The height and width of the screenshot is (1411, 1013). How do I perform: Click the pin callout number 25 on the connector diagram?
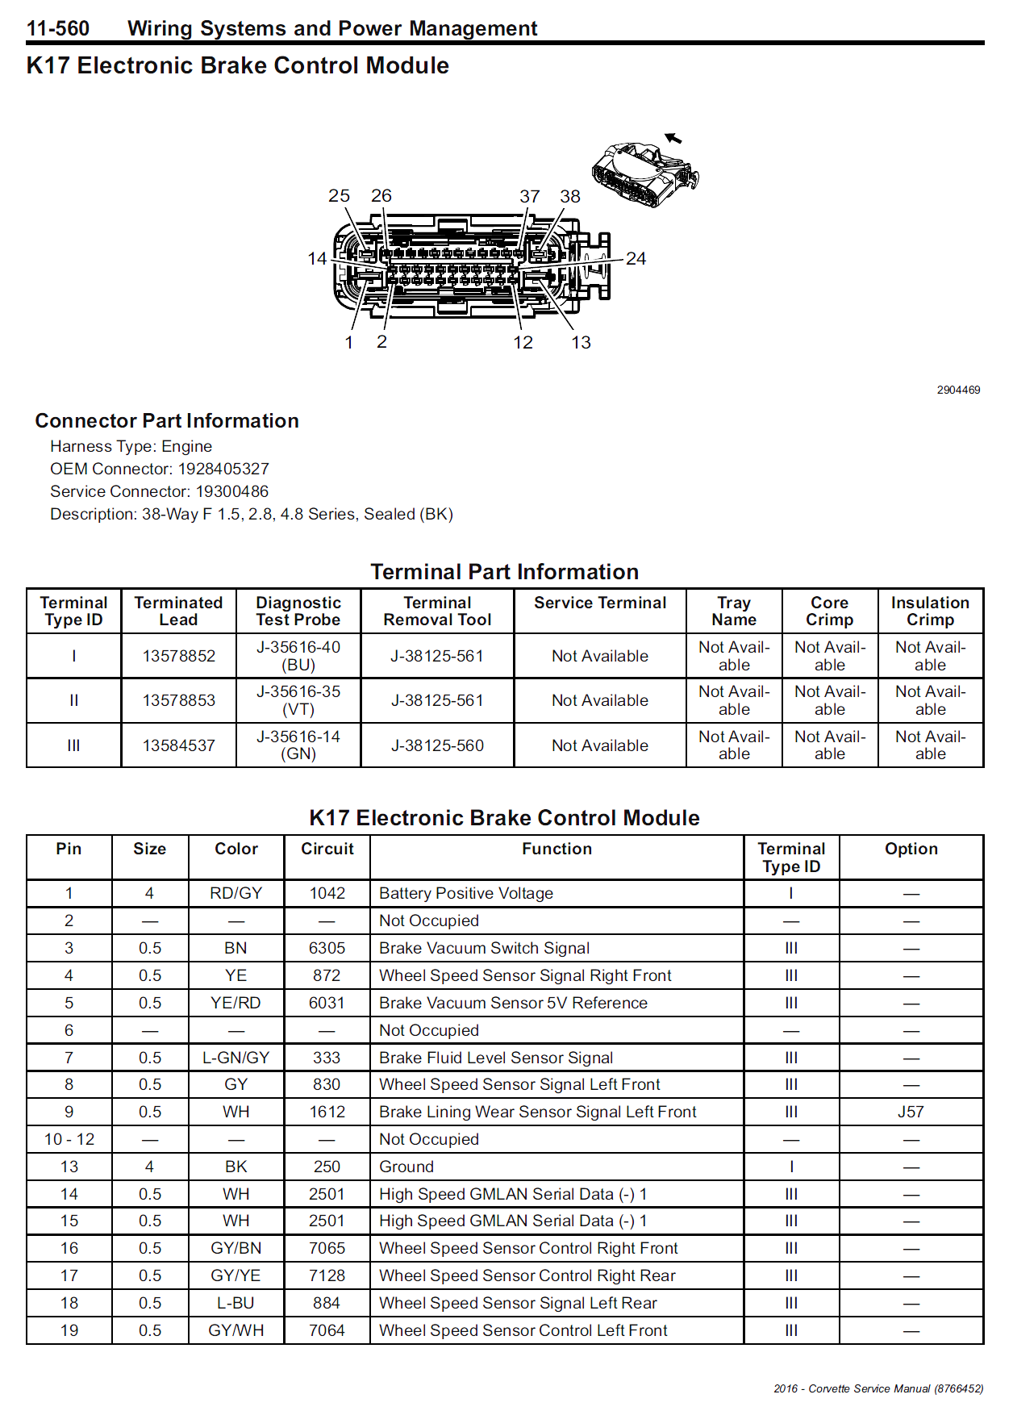click(x=339, y=196)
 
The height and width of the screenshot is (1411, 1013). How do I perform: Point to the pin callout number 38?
click(x=570, y=197)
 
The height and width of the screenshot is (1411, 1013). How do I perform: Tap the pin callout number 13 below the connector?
click(x=581, y=343)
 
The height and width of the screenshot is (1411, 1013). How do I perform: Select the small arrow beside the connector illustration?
click(x=673, y=138)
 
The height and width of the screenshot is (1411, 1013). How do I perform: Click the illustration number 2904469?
click(x=958, y=390)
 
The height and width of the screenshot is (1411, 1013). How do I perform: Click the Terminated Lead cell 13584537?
click(x=179, y=745)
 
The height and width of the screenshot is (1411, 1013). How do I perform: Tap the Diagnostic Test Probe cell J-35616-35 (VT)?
click(x=298, y=700)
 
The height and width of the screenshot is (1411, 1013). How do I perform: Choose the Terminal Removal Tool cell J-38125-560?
click(x=437, y=745)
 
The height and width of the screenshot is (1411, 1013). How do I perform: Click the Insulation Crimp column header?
click(x=930, y=611)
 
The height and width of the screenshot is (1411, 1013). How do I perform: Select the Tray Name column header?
click(x=734, y=611)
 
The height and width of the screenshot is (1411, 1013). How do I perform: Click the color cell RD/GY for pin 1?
click(x=236, y=893)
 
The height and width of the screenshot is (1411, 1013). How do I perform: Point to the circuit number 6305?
click(x=327, y=948)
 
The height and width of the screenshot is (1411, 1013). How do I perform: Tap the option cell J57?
click(x=911, y=1112)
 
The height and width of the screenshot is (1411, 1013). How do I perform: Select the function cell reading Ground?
click(x=406, y=1167)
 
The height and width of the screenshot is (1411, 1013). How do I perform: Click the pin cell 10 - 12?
click(x=69, y=1139)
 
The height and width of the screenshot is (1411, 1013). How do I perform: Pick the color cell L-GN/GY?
click(x=236, y=1058)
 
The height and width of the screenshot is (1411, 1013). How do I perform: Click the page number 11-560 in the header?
click(x=58, y=29)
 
